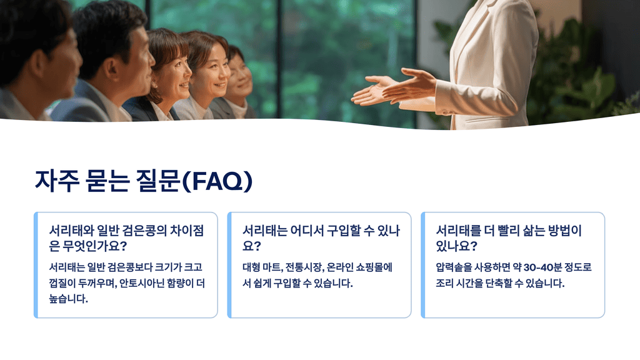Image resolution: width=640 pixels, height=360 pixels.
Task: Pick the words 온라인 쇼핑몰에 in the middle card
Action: click(x=361, y=267)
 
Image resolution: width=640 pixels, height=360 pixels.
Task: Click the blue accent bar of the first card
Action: click(x=36, y=265)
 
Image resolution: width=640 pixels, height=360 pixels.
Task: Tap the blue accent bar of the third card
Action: click(x=423, y=265)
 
